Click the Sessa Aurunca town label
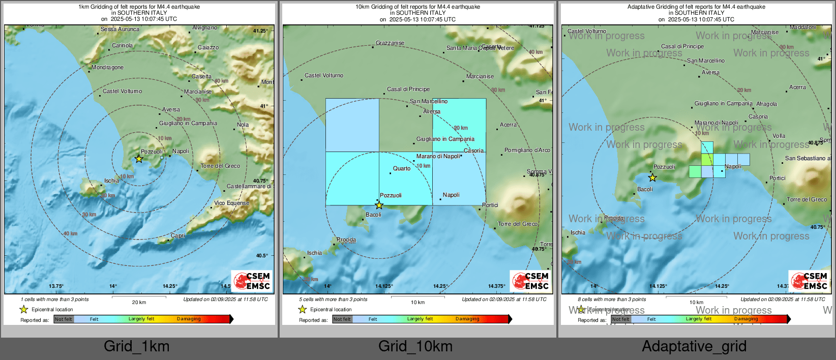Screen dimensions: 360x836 tap(120, 29)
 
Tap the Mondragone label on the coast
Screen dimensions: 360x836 tap(107, 67)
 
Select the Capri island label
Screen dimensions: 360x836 tap(177, 235)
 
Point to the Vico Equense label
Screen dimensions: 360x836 tap(231, 203)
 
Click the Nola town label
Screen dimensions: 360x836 tap(243, 125)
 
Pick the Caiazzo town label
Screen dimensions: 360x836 tap(208, 47)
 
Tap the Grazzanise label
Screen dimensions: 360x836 tap(390, 43)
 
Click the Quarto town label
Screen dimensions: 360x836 tap(401, 168)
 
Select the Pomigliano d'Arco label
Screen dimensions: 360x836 tap(527, 150)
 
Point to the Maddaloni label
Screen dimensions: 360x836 tap(802, 27)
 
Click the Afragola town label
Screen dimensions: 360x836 tap(766, 104)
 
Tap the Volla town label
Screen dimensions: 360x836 tap(779, 136)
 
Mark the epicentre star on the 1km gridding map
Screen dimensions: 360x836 tap(139, 159)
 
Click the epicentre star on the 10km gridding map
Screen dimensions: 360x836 tap(379, 205)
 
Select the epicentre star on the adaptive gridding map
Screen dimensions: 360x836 tap(652, 177)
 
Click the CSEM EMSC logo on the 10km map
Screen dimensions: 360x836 tap(530, 281)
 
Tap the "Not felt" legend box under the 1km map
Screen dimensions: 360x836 tap(64, 319)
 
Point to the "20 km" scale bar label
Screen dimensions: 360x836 tap(139, 302)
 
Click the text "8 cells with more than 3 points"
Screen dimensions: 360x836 tap(612, 299)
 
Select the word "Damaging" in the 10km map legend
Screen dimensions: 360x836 tap(467, 319)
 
